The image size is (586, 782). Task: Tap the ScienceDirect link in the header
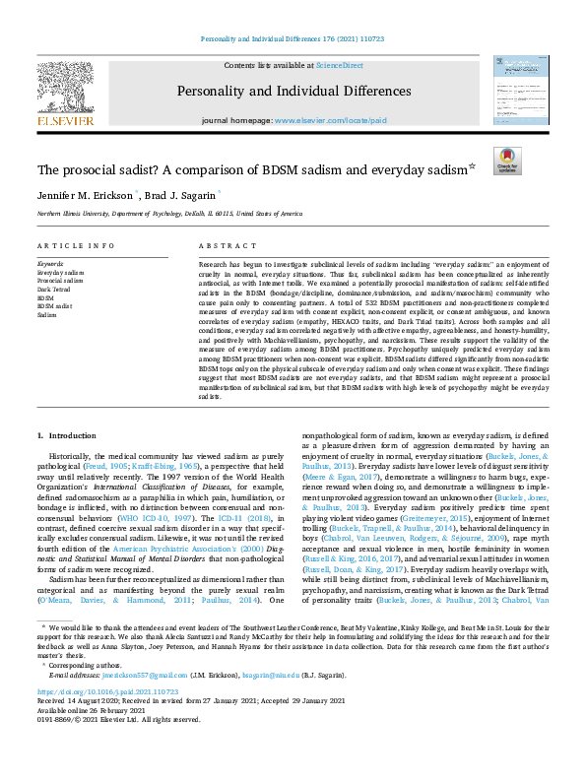[x=339, y=65]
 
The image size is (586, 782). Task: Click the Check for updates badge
[x=507, y=162]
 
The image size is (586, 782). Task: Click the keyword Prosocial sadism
[x=59, y=279]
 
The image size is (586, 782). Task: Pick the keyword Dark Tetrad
[x=52, y=288]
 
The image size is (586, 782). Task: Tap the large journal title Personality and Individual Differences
[x=293, y=92]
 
